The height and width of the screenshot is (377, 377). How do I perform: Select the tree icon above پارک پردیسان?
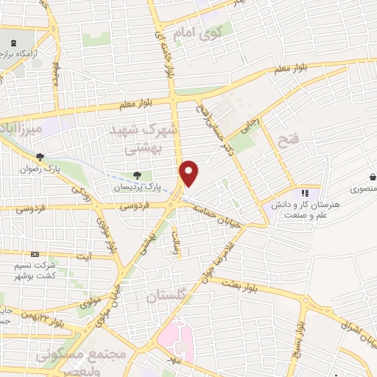[x=138, y=175]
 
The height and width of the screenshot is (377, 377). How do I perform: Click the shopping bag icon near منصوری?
[x=373, y=177]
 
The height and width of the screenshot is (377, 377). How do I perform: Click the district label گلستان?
[x=163, y=297]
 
